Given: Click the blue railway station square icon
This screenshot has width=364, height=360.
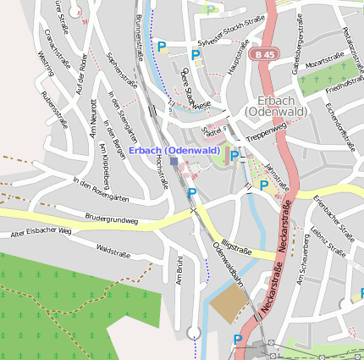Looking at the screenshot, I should point(174,160).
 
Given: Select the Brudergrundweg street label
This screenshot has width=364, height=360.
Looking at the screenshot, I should point(111,219).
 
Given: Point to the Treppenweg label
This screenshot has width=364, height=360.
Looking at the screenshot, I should point(267,130).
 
